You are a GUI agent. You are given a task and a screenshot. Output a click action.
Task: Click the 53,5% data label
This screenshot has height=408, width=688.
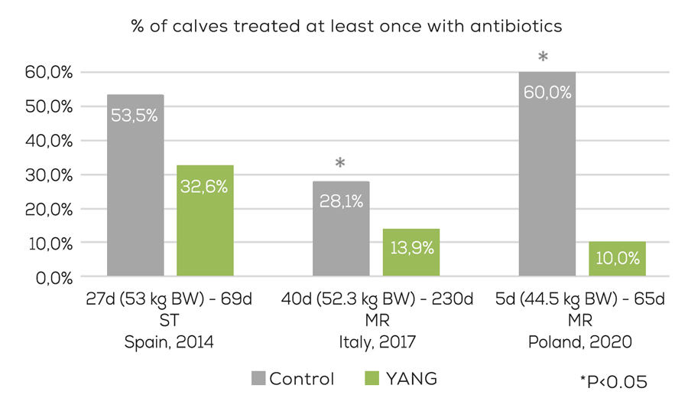pos(135,116)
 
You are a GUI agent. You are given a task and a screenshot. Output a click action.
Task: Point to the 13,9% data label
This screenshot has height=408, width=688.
pos(411,247)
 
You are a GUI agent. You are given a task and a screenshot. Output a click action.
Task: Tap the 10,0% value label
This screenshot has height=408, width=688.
pos(617,259)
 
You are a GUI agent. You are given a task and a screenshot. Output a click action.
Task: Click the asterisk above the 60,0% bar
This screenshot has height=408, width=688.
pos(544,57)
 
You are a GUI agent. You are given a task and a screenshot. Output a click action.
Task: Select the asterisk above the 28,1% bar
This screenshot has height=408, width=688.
pos(340,163)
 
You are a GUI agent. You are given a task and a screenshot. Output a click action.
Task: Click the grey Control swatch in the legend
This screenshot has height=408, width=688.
pos(258,379)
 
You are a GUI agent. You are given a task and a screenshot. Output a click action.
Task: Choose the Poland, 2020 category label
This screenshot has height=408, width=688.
pos(580,342)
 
